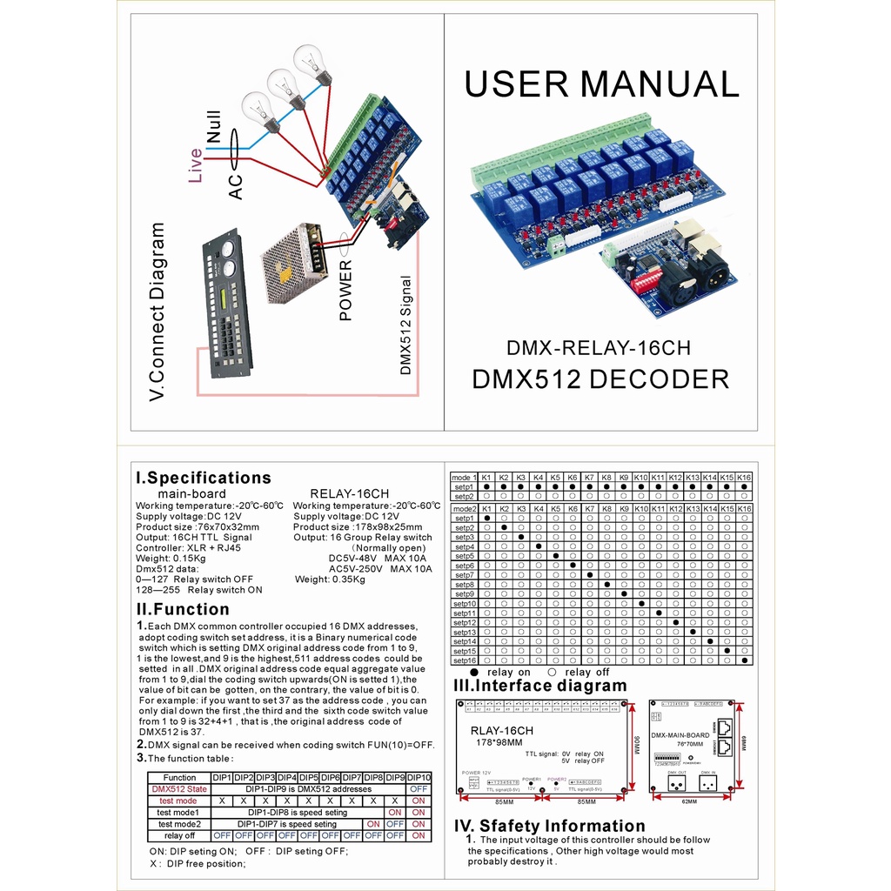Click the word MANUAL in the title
pyautogui.click(x=659, y=84)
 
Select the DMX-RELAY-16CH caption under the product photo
pyautogui.click(x=599, y=349)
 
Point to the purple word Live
pyautogui.click(x=196, y=164)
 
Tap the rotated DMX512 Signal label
pyautogui.click(x=405, y=325)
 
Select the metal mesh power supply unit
pyautogui.click(x=294, y=263)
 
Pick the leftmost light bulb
pyautogui.click(x=260, y=111)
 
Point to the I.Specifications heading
pyautogui.click(x=204, y=478)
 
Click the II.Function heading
pyautogui.click(x=183, y=609)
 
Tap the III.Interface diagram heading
pyautogui.click(x=539, y=686)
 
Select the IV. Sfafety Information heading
pyautogui.click(x=550, y=826)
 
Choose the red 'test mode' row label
pyautogui.click(x=178, y=801)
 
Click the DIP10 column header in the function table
pyautogui.click(x=419, y=777)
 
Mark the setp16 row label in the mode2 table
pyautogui.click(x=464, y=660)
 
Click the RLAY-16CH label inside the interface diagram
pyautogui.click(x=501, y=731)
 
